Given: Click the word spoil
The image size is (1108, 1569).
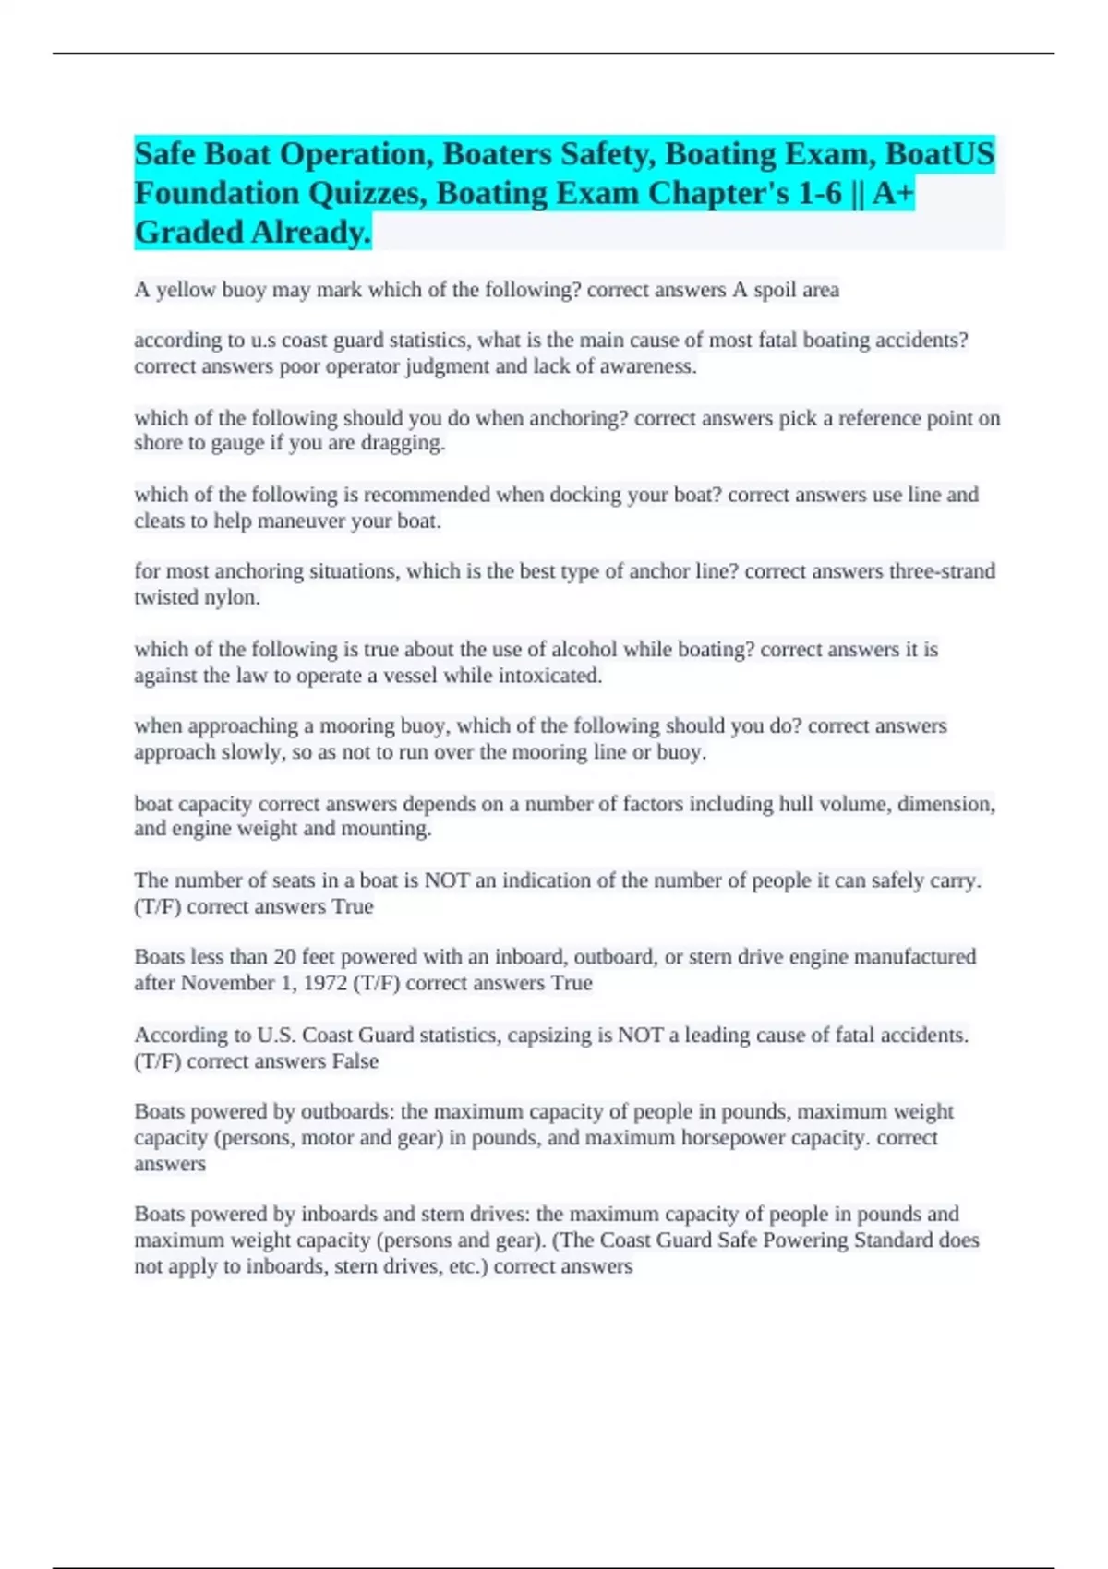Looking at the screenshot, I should (774, 290).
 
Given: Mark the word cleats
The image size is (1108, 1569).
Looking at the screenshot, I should (159, 521).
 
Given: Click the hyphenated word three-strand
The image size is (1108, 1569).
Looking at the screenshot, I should (942, 571).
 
